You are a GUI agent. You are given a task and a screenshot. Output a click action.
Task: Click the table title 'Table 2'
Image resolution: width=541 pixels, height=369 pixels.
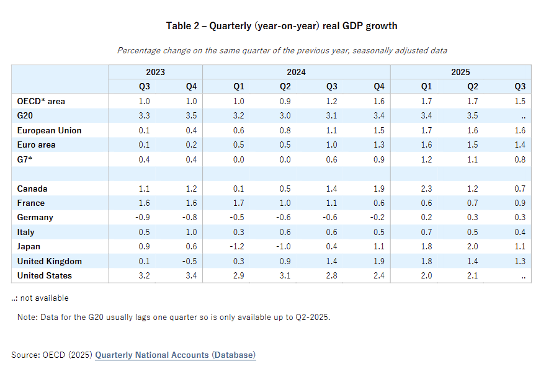coord(182,26)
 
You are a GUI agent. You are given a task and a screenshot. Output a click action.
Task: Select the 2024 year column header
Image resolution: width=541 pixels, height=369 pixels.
coord(296,72)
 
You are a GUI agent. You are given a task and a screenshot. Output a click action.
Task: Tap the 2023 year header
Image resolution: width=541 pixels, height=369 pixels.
coord(155,72)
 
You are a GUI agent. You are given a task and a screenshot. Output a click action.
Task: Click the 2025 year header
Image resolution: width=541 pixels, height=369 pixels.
coord(460,72)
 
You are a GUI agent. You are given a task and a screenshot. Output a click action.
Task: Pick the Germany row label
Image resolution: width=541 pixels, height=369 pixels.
coord(35,218)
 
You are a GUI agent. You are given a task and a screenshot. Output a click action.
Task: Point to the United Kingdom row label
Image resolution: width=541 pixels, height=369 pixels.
coord(50,262)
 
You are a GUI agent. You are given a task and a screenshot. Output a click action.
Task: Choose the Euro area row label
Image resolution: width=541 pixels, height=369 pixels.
coord(36,145)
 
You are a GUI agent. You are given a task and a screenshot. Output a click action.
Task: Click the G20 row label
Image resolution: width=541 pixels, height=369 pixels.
coord(25,115)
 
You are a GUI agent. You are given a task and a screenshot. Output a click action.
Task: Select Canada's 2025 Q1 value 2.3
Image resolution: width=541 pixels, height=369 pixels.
coord(426,189)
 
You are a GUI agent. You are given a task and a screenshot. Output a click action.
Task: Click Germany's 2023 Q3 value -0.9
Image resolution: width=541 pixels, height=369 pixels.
coord(143,218)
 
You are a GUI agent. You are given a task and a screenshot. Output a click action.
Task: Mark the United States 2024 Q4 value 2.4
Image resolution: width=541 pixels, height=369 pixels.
coord(379,275)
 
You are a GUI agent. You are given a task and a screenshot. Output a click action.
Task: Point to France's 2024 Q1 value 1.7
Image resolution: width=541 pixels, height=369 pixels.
coord(238,203)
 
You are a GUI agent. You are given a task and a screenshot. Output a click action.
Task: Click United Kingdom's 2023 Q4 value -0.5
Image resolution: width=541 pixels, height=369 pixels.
coord(189,262)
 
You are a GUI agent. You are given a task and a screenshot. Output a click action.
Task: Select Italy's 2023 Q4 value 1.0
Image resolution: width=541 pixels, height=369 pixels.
coord(191,232)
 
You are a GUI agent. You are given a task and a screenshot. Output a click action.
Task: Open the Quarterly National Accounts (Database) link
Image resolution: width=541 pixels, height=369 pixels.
coord(176,355)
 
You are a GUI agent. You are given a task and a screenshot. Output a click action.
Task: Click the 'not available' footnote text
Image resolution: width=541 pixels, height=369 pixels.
coord(45,298)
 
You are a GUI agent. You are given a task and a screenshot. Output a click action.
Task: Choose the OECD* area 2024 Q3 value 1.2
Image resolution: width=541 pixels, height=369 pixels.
coord(331,101)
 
